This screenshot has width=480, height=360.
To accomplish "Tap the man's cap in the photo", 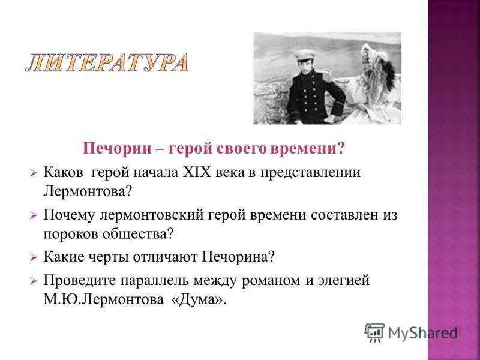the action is [x=305, y=55].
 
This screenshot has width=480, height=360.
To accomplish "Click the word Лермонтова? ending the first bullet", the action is [x=87, y=191].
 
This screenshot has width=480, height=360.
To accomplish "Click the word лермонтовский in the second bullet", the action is [x=152, y=215].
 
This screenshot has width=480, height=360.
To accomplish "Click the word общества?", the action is [x=138, y=234].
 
